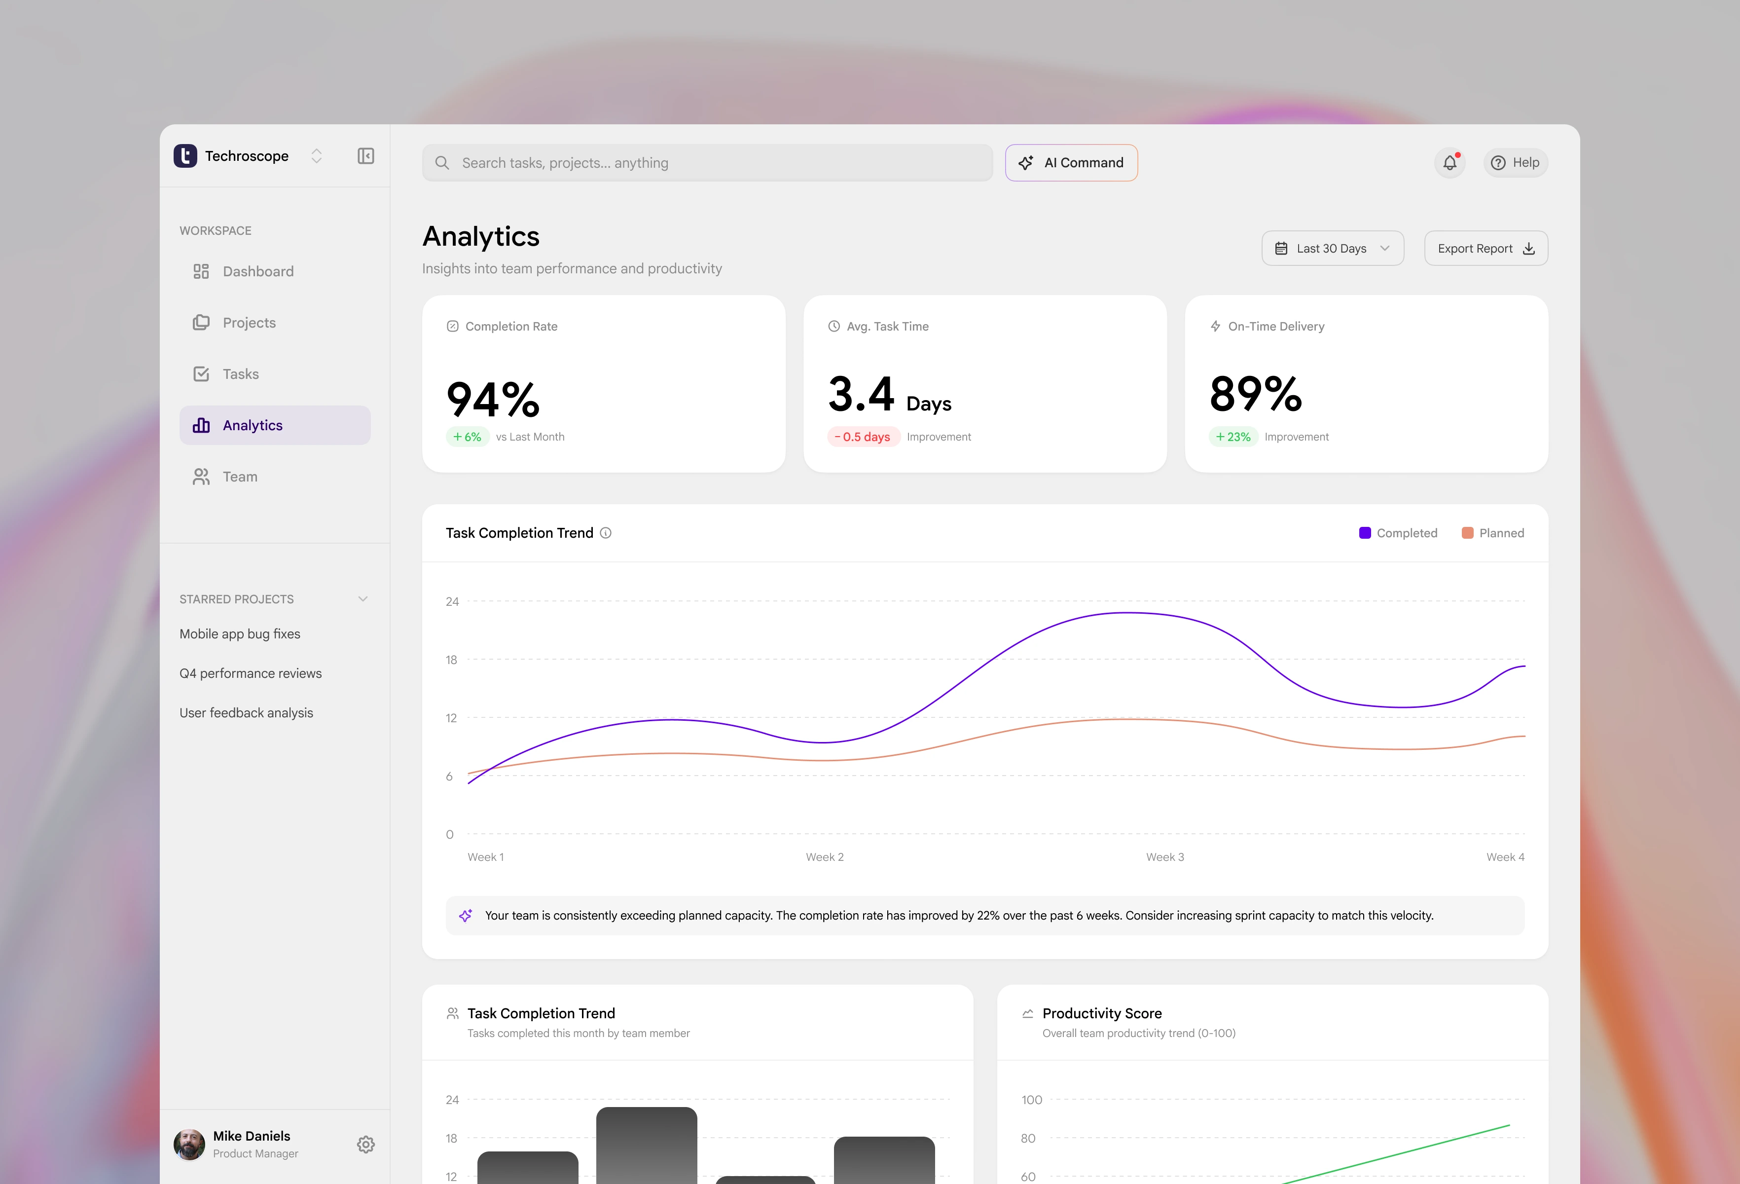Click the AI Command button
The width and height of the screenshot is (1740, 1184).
pyautogui.click(x=1071, y=162)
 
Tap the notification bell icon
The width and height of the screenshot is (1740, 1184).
pyautogui.click(x=1450, y=162)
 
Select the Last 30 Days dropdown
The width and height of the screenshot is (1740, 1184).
pyautogui.click(x=1332, y=248)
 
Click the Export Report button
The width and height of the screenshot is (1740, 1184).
pyautogui.click(x=1486, y=248)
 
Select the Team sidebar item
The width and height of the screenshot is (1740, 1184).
pyautogui.click(x=240, y=476)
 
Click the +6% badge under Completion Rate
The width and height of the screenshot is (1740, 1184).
pyautogui.click(x=467, y=437)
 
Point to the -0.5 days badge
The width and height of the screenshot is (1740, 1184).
pyautogui.click(x=863, y=437)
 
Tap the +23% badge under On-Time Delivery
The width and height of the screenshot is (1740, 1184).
pyautogui.click(x=1232, y=437)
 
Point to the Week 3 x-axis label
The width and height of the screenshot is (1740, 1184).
pyautogui.click(x=1164, y=857)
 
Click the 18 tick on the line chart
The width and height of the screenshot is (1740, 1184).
pyautogui.click(x=451, y=660)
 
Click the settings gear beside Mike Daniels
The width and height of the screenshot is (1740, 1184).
pyautogui.click(x=365, y=1145)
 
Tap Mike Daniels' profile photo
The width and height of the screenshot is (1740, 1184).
pyautogui.click(x=189, y=1145)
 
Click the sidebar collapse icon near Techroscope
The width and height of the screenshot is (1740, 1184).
pyautogui.click(x=365, y=156)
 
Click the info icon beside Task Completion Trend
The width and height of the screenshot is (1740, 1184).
pyautogui.click(x=606, y=533)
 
